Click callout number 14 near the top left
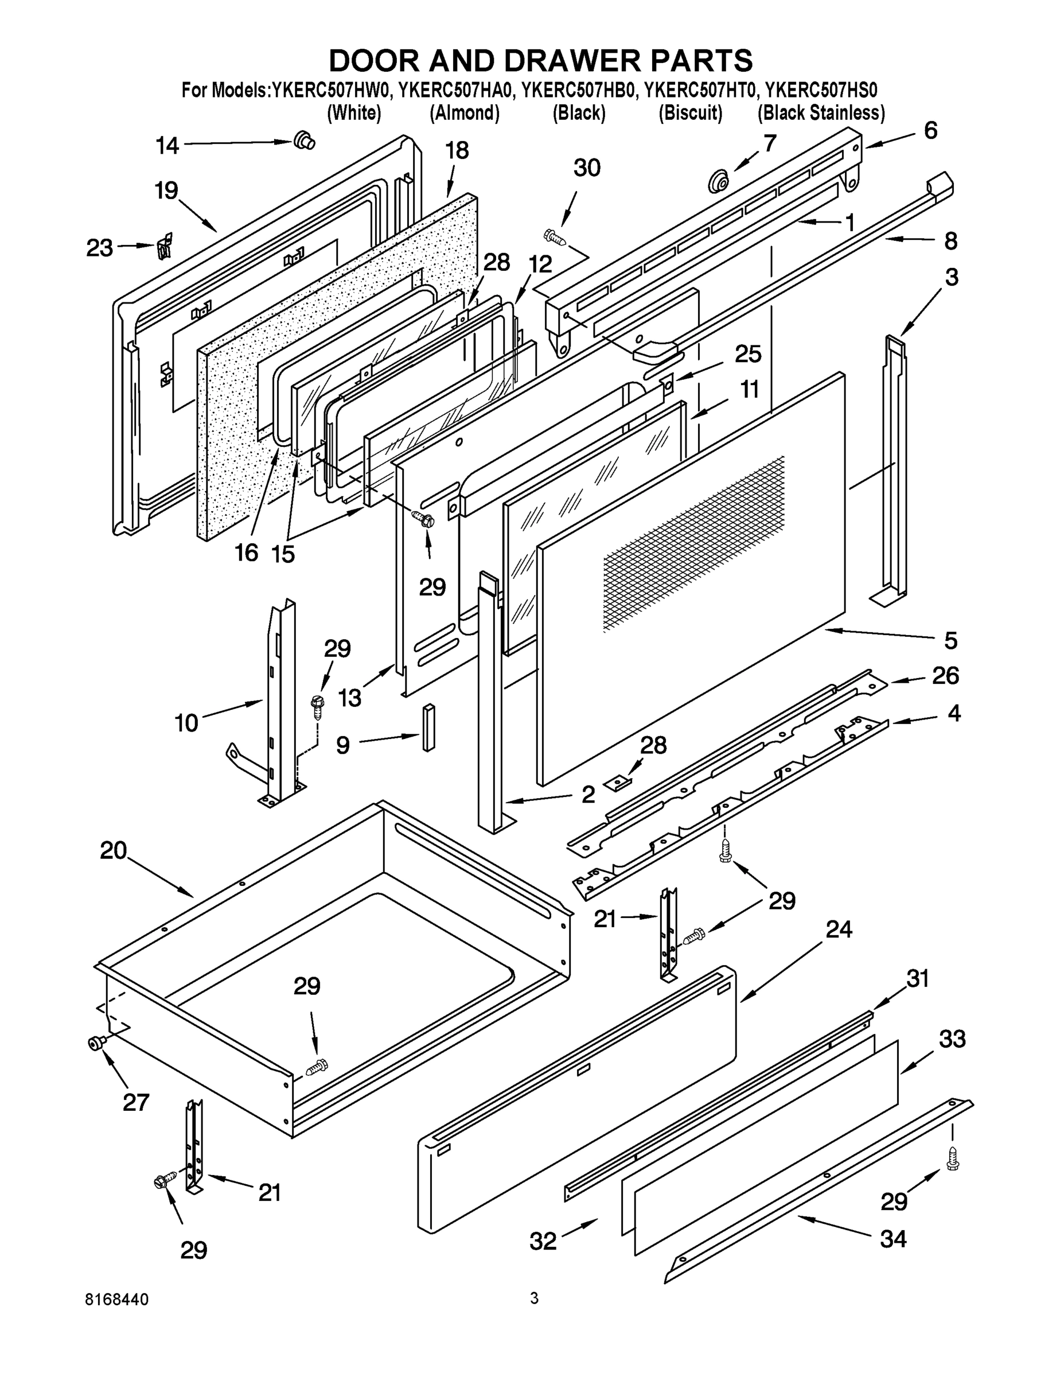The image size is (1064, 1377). point(167,146)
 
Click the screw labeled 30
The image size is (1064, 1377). point(555,237)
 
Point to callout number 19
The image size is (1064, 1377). point(166,190)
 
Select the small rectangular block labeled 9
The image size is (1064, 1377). point(428,727)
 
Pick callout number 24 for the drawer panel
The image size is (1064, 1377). point(839,929)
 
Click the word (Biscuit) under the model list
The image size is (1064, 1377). point(690,114)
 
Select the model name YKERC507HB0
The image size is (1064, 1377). point(579,91)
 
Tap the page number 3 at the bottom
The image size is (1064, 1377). point(534,1298)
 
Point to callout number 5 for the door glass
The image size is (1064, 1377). point(950,640)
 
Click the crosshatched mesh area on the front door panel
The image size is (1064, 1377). point(693,542)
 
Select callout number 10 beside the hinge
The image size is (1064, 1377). point(186,722)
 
